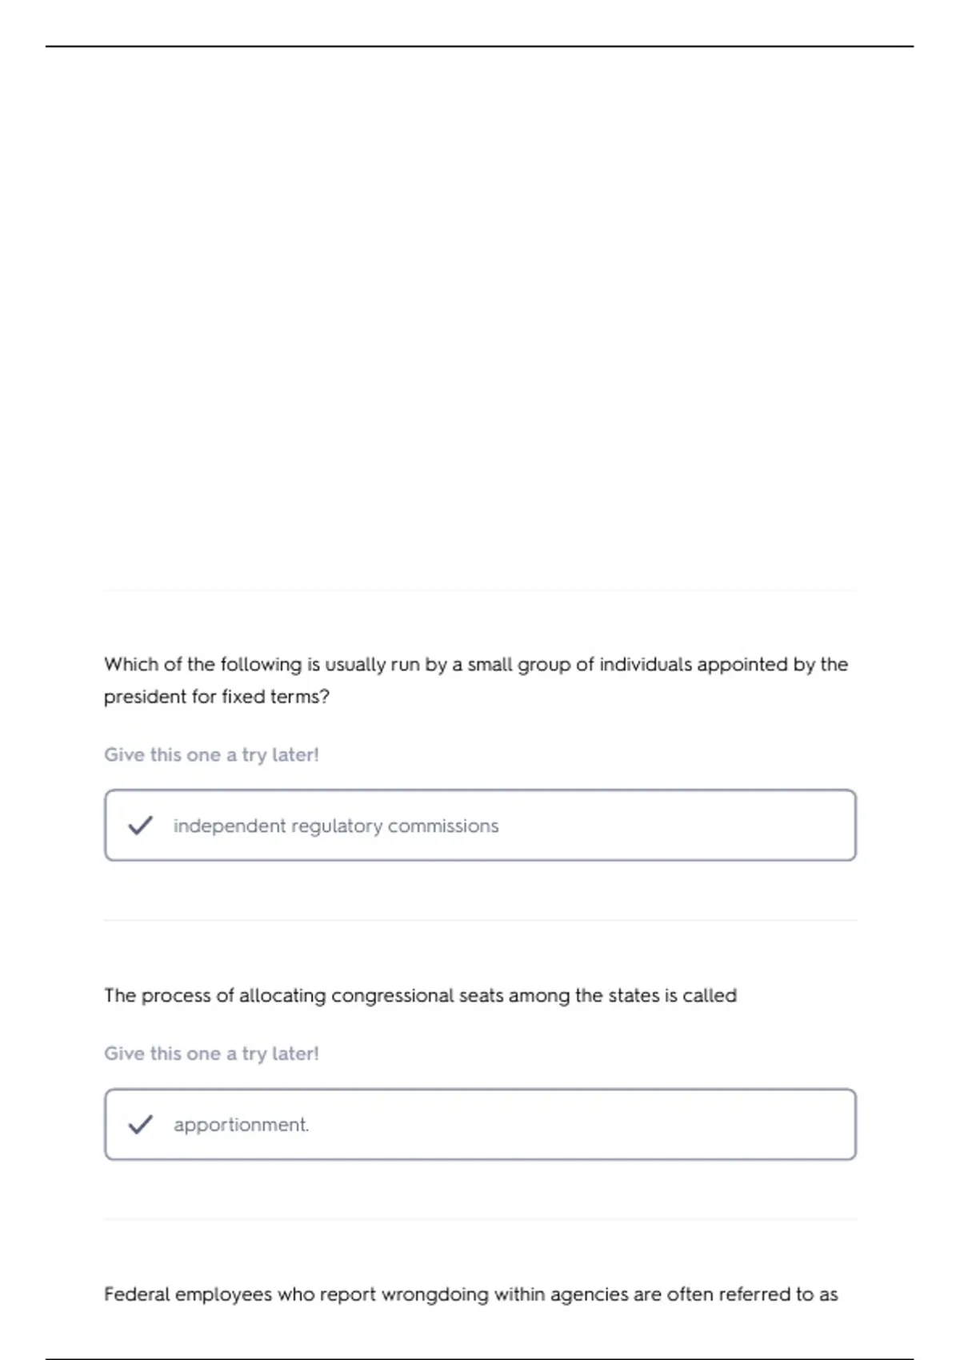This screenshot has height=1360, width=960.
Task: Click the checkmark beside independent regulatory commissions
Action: point(140,825)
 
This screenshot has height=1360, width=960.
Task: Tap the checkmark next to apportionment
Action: point(140,1124)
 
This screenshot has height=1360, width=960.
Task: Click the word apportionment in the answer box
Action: point(241,1125)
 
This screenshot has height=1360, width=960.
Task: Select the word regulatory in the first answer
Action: point(337,826)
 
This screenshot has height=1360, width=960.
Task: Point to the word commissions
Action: point(443,826)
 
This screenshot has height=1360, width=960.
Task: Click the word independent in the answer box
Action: point(229,826)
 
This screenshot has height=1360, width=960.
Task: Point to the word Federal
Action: point(136,1294)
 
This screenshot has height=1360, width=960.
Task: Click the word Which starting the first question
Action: point(131,664)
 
